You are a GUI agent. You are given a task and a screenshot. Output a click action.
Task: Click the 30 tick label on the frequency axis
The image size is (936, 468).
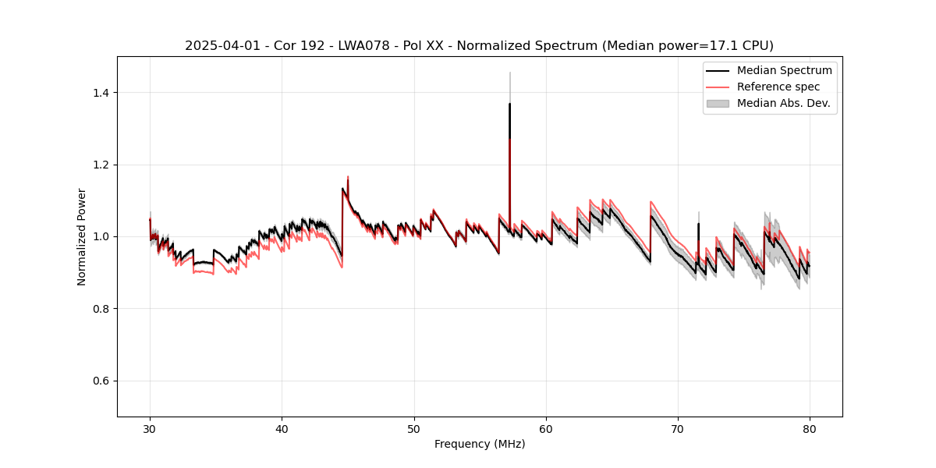point(150,429)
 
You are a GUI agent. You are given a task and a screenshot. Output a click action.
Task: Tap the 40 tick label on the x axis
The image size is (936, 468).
point(282,429)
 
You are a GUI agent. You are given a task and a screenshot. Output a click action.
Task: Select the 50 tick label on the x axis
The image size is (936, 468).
point(414,429)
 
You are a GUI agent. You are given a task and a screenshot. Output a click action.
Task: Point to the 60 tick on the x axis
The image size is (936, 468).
point(546,429)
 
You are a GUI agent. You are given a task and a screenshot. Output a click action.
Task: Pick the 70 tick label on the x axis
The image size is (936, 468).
point(678,429)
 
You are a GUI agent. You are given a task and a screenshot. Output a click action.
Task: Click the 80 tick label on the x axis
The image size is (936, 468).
point(810,429)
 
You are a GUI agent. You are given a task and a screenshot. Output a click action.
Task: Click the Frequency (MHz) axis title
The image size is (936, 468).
point(480,444)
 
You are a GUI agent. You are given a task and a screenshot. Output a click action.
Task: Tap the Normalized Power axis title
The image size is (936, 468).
point(82,236)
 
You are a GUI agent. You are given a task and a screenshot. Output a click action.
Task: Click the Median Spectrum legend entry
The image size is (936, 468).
point(784,70)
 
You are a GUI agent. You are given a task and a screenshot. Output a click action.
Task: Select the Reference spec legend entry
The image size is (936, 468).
point(778,87)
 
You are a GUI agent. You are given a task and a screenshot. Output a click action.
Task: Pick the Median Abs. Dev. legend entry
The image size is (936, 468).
point(783,103)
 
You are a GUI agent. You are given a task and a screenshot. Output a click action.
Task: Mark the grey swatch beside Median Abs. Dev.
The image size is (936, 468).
point(718,103)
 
